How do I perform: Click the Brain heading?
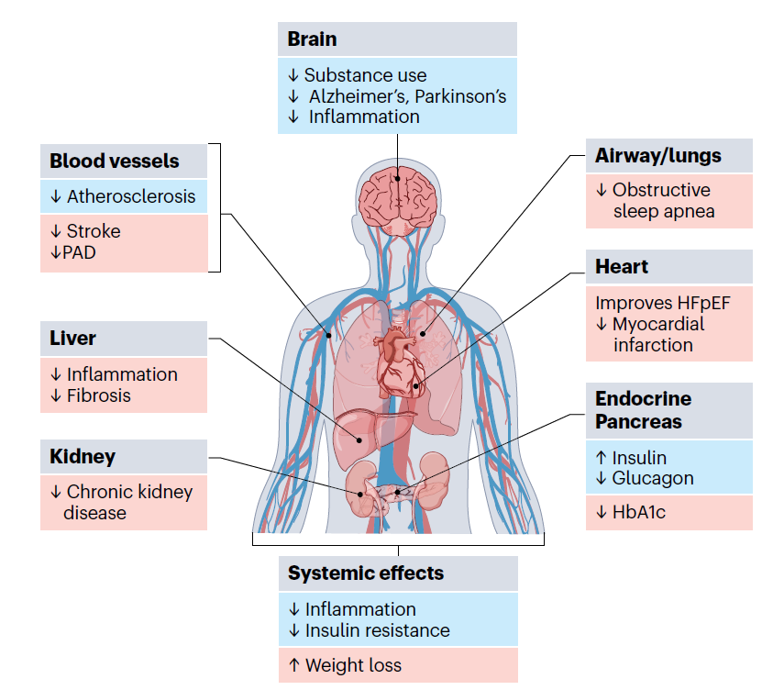coord(312,39)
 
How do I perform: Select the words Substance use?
coord(365,75)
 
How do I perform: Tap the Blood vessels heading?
coord(114,161)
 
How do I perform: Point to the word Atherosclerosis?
coord(131,196)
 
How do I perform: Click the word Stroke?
coord(94,231)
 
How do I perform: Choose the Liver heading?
coord(72,339)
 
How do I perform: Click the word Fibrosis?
coord(99,395)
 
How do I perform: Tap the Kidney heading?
coord(83,456)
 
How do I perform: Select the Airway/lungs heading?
coord(657,156)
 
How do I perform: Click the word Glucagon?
coord(653,478)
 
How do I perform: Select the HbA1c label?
coord(638,513)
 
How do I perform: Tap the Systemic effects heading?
coord(365,573)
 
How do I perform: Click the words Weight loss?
coord(353,665)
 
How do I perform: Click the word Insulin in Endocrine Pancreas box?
coord(639,458)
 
